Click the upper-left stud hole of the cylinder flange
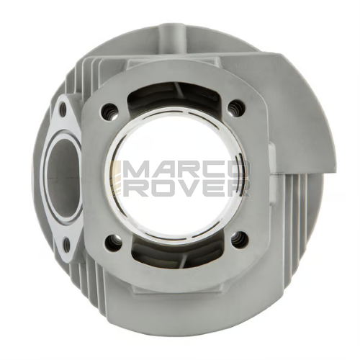point(110,109)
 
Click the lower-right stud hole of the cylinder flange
point(239,239)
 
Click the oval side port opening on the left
point(63,177)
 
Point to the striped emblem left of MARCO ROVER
point(117,179)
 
